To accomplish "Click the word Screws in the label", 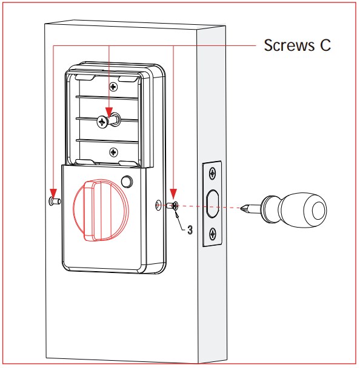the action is click(x=289, y=45).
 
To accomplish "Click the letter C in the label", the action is click(x=325, y=45).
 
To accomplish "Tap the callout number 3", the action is click(x=190, y=230).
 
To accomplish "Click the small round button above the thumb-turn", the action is click(x=127, y=181).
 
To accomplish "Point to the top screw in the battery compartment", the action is click(x=113, y=87).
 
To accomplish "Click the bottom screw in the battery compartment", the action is click(x=113, y=153).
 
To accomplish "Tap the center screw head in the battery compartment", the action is click(x=102, y=122).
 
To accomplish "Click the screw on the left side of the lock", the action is click(x=55, y=201).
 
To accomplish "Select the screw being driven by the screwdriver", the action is click(x=173, y=206).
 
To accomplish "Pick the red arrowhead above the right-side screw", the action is click(x=173, y=194).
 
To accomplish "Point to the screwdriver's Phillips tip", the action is click(x=244, y=208).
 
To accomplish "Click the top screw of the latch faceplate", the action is click(x=213, y=174).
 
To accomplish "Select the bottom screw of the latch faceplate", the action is click(x=213, y=234).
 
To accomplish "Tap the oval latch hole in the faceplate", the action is click(x=212, y=204).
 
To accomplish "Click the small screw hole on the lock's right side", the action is click(x=159, y=205).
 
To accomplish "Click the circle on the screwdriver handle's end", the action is click(x=319, y=210).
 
